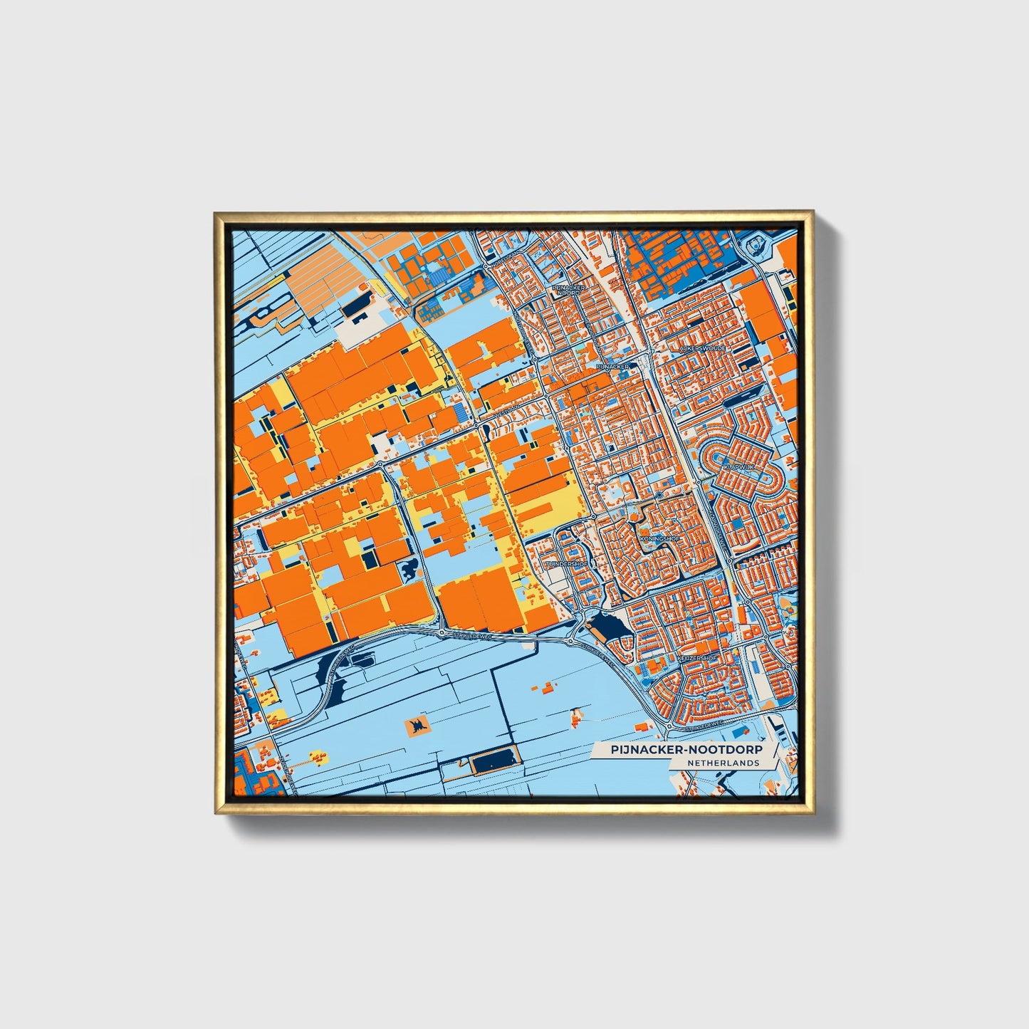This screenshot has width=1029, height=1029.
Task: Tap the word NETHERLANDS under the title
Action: (x=723, y=763)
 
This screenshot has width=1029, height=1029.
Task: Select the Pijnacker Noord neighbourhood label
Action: (x=570, y=290)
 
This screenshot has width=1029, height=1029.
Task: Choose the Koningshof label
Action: (x=659, y=539)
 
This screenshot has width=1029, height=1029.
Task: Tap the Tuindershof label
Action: (x=568, y=564)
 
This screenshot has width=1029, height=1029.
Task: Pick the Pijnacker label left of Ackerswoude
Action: (x=612, y=366)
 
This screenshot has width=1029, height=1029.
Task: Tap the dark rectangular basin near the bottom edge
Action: (x=494, y=763)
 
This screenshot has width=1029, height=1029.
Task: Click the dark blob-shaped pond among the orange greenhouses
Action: (x=411, y=568)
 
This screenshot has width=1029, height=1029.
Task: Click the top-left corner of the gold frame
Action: (x=216, y=212)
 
